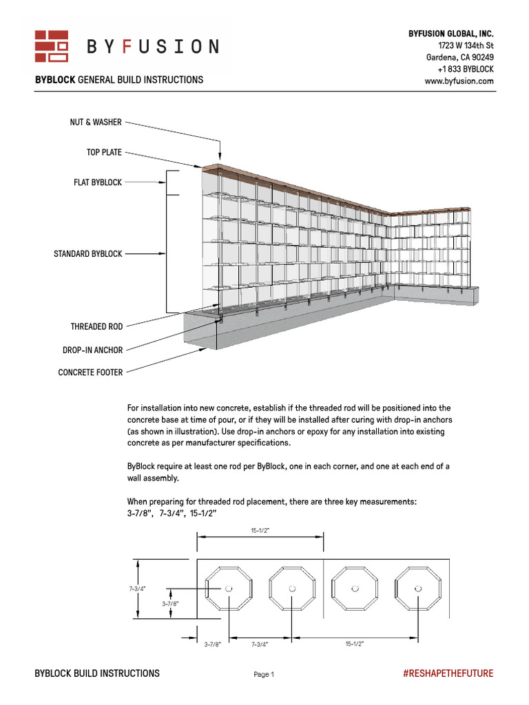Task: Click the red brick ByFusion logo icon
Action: click(x=52, y=46)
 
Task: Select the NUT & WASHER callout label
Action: click(x=96, y=123)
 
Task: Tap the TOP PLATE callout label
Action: click(x=104, y=152)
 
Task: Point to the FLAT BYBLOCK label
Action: click(x=98, y=182)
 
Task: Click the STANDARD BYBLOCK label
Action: click(x=88, y=254)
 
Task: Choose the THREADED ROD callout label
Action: click(x=96, y=326)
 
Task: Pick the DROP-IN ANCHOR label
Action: click(x=92, y=350)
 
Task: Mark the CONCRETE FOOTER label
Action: click(x=90, y=373)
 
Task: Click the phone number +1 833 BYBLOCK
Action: click(x=466, y=70)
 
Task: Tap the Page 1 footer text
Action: click(x=264, y=675)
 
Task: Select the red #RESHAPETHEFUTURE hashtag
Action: click(x=448, y=673)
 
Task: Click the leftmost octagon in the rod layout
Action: click(x=229, y=589)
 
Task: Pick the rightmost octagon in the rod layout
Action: click(x=419, y=589)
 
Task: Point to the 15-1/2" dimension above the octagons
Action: click(x=260, y=531)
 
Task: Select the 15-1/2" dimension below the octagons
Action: click(x=354, y=644)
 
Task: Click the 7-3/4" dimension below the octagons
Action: click(x=259, y=644)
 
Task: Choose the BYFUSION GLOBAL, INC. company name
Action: click(x=451, y=34)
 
